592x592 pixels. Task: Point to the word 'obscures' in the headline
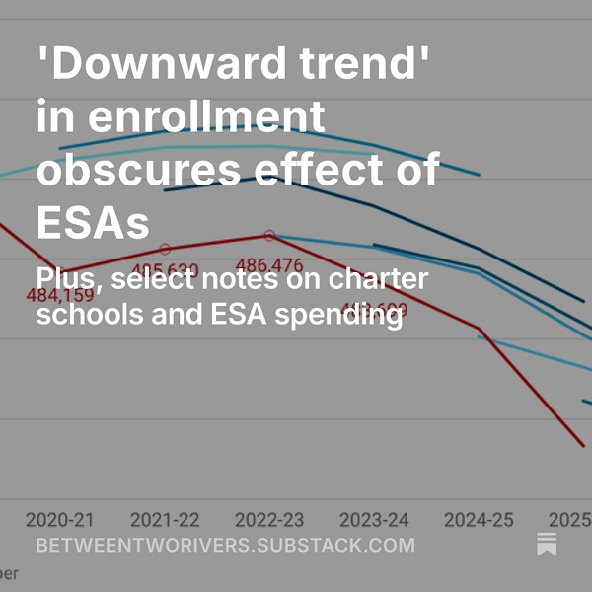point(138,171)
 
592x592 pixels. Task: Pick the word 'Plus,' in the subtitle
point(69,279)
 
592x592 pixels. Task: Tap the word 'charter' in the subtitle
point(379,279)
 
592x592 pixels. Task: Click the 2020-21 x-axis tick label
point(60,519)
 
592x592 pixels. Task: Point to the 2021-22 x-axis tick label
point(165,519)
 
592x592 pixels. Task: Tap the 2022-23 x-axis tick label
point(269,519)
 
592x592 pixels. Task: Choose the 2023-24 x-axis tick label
point(374,519)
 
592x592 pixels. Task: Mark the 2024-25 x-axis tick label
point(479,519)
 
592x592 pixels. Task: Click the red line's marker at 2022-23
point(269,236)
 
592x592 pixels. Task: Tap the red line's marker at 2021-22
point(165,250)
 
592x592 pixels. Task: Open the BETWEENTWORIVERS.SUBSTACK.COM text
point(225,545)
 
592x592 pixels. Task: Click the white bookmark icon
point(547,544)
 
